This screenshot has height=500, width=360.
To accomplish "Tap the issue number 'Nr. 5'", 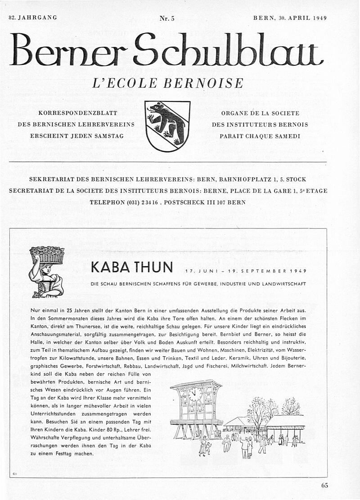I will pyautogui.click(x=166, y=18).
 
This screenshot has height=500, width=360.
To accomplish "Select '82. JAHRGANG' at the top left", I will pyautogui.click(x=33, y=18).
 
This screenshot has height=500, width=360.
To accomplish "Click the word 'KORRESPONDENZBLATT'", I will pyautogui.click(x=78, y=113).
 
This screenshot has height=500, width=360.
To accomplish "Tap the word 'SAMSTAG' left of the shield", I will pyautogui.click(x=108, y=136).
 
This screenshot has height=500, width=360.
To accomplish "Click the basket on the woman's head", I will pyautogui.click(x=47, y=255).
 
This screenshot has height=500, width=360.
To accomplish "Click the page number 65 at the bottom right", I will pyautogui.click(x=324, y=485).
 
